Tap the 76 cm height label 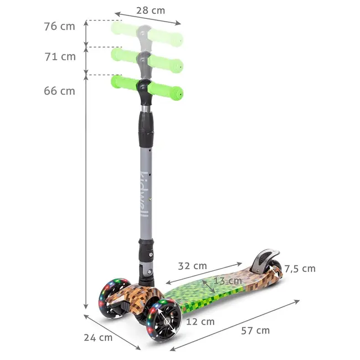(x=60, y=25)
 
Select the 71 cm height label (x=60, y=56)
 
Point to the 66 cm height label (x=60, y=91)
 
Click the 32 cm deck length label (x=192, y=265)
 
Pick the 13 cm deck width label (x=228, y=281)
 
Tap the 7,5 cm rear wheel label (x=300, y=269)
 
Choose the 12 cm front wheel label (x=200, y=321)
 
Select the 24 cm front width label (x=98, y=337)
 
